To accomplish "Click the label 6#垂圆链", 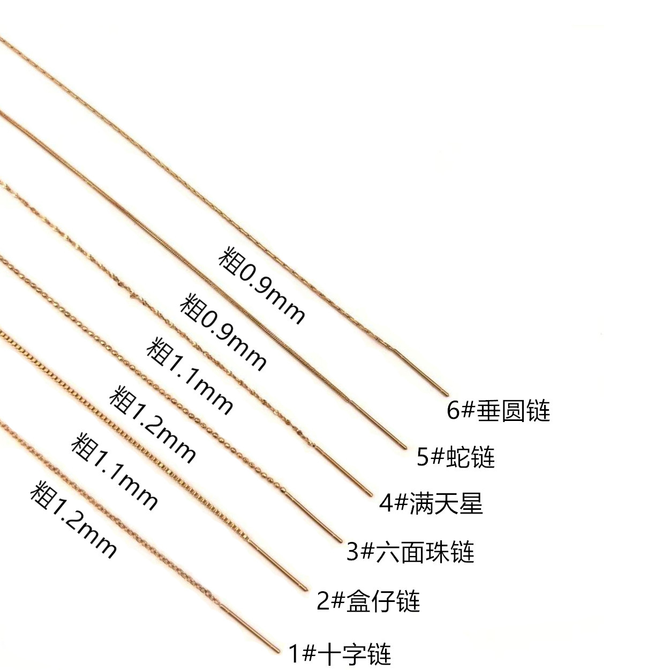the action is (x=498, y=411).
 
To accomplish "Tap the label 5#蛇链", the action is (x=456, y=457).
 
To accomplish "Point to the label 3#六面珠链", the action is (x=410, y=552).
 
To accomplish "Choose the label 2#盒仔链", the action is (x=368, y=601).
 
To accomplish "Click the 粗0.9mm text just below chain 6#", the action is (x=261, y=284).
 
